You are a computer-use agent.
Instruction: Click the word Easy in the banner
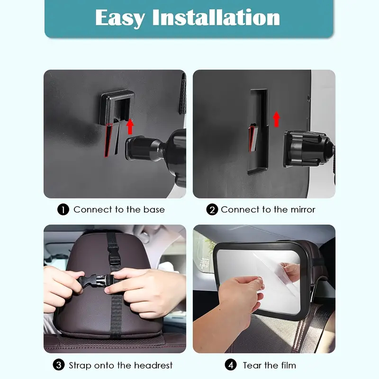tap(120, 18)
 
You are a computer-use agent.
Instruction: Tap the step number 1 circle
tap(63, 209)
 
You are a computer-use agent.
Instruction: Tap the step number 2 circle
tap(212, 209)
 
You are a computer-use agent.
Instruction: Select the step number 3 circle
tap(59, 365)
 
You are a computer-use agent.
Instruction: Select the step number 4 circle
tap(231, 365)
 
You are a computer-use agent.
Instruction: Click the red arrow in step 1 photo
tap(130, 126)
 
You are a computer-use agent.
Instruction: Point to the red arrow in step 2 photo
tap(276, 119)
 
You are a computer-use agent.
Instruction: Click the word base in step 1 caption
tap(154, 209)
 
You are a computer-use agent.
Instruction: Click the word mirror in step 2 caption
tap(303, 209)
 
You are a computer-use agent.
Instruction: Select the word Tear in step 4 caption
tap(252, 365)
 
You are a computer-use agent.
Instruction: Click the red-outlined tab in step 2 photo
tap(253, 138)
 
